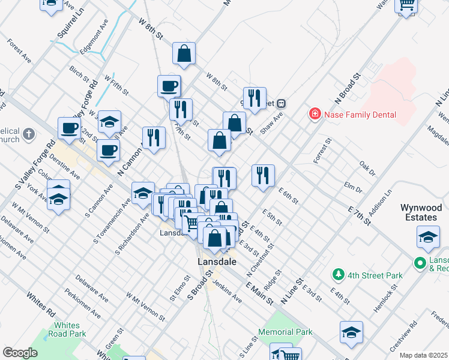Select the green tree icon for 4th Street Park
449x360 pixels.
click(x=339, y=275)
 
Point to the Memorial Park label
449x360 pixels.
click(x=285, y=332)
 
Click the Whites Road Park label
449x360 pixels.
click(x=66, y=329)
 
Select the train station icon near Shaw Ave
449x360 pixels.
click(x=280, y=103)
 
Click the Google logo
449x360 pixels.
click(x=20, y=353)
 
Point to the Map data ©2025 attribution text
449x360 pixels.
click(x=424, y=355)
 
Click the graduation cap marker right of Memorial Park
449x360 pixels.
click(x=351, y=333)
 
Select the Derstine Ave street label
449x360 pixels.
click(x=66, y=166)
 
